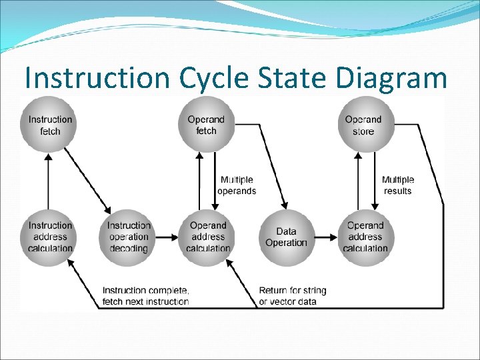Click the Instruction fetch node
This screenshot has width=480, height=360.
tap(50, 125)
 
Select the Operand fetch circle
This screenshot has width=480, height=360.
tap(206, 125)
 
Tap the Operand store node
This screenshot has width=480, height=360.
tap(363, 125)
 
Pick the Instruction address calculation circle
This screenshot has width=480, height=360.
tap(50, 237)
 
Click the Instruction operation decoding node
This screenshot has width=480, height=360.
tap(129, 237)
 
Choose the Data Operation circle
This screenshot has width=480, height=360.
tap(286, 237)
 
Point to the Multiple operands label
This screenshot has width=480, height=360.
tap(237, 185)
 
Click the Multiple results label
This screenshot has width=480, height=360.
tap(398, 185)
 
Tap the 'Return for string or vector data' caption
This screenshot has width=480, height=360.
tap(293, 296)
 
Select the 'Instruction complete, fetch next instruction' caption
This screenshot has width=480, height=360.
tap(145, 296)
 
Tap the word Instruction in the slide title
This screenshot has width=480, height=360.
tap(97, 79)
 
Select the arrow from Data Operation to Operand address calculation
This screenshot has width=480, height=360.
tap(327, 237)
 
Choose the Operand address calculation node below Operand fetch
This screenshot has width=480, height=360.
tap(208, 237)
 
